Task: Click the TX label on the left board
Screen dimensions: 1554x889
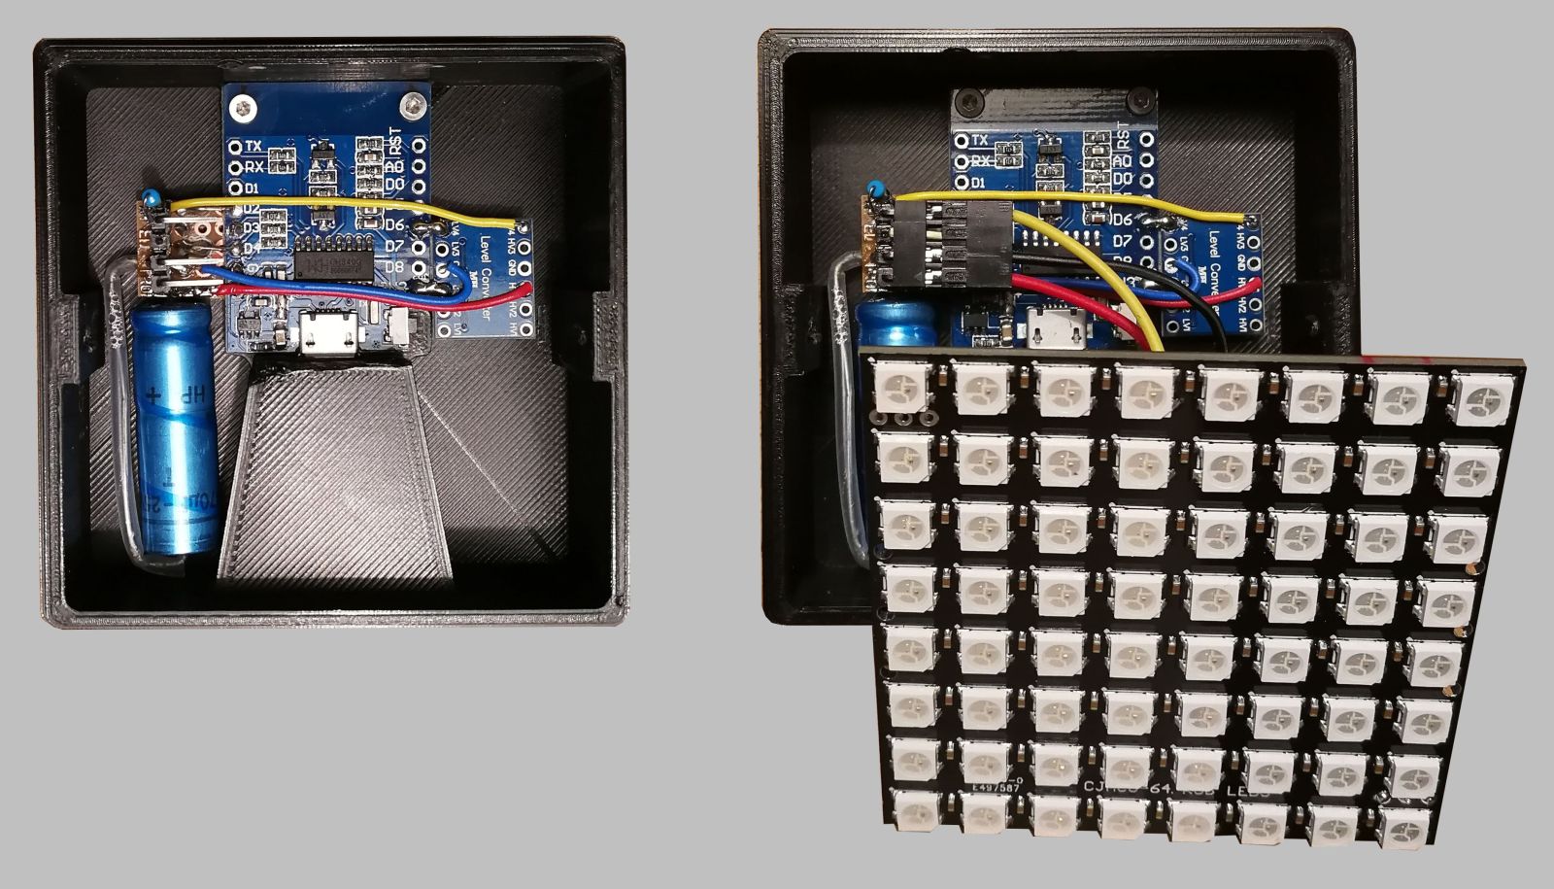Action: pyautogui.click(x=254, y=146)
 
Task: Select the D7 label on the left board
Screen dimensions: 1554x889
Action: pyautogui.click(x=393, y=245)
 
